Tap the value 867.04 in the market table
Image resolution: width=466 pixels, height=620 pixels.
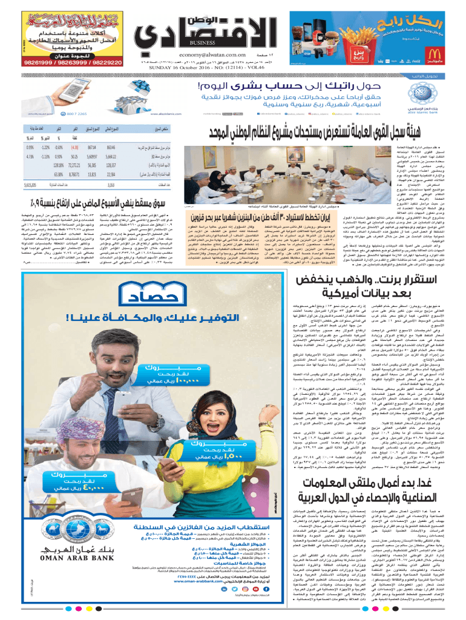pyautogui.click(x=92, y=147)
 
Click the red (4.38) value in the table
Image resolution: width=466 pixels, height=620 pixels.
pyautogui.click(x=76, y=147)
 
